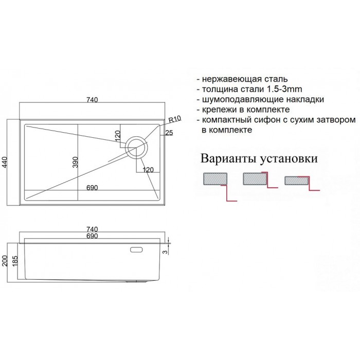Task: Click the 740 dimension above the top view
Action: point(92,100)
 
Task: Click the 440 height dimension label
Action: point(5,163)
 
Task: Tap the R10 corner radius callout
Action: point(175,119)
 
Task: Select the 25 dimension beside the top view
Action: point(169,133)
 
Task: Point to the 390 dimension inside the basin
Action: point(75,162)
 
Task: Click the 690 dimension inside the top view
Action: point(92,188)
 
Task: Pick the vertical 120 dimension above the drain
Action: point(117,136)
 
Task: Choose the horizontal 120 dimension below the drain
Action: point(148,170)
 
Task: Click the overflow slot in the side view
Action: point(136,249)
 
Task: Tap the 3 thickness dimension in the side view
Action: point(165,252)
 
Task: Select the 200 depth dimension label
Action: point(5,261)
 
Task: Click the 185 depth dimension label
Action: point(15,261)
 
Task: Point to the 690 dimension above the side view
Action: point(92,236)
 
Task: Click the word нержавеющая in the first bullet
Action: point(232,79)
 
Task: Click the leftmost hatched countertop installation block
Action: point(215,178)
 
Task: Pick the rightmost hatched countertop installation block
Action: point(296,181)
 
